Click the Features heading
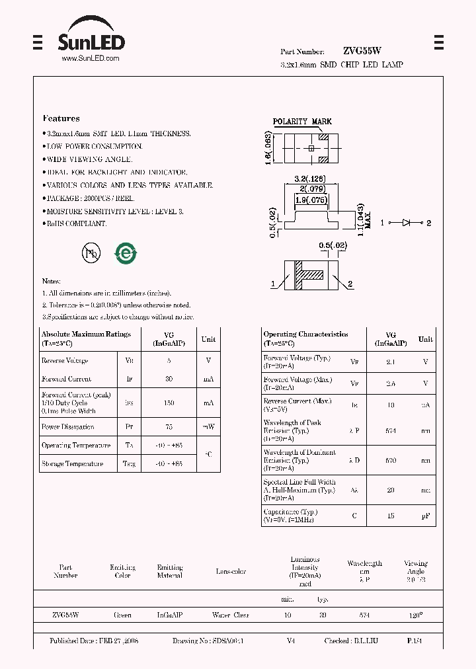click(61, 119)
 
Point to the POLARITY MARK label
click(302, 122)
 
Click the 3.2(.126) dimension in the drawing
click(309, 178)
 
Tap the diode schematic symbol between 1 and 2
click(407, 223)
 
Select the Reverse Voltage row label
click(65, 361)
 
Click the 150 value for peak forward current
click(169, 403)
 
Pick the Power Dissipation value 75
click(169, 427)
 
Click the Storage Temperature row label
click(72, 464)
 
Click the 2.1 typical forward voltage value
click(390, 362)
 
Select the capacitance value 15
click(390, 516)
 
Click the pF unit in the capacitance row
click(426, 516)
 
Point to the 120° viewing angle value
click(415, 615)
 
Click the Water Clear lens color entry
click(231, 615)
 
